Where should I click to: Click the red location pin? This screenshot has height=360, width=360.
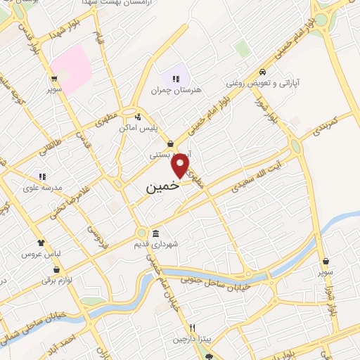[181, 166]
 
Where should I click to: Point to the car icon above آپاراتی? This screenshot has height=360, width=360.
[262, 72]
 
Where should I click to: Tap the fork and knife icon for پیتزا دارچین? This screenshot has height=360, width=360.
[191, 328]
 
